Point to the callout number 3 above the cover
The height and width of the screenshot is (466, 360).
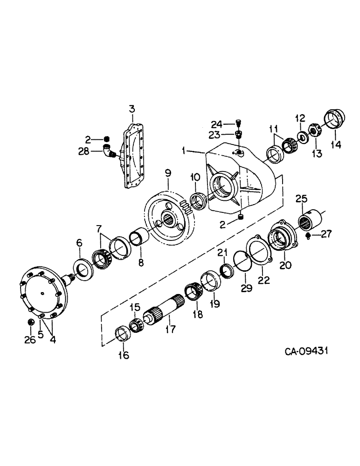tap(132, 110)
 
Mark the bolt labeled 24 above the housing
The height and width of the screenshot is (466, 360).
tap(238, 123)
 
